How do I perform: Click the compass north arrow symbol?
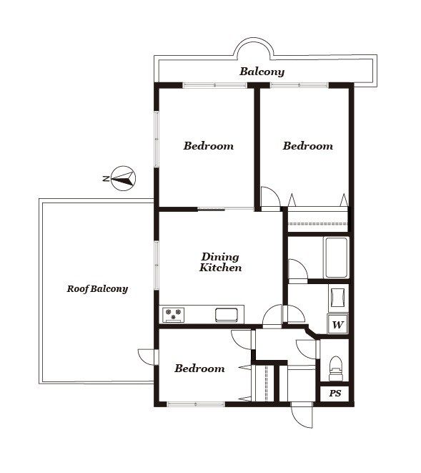click(x=123, y=178)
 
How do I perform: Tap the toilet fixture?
click(x=335, y=369)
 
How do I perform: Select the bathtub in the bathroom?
click(x=337, y=258)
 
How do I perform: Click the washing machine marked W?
click(x=337, y=324)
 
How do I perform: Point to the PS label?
click(x=335, y=394)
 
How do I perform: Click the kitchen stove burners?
click(x=173, y=314)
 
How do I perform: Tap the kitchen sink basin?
click(x=227, y=315)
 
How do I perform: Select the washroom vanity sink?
click(x=337, y=297)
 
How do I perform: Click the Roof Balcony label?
click(x=97, y=289)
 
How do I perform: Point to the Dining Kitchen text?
click(x=220, y=262)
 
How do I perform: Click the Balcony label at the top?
click(x=262, y=72)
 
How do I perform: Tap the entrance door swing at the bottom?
click(x=302, y=415)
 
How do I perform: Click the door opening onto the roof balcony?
click(x=148, y=358)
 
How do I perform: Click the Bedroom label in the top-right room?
click(x=307, y=146)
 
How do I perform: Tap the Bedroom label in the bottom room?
click(x=199, y=369)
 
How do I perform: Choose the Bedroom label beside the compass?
click(x=208, y=146)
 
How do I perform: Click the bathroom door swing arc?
click(x=298, y=270)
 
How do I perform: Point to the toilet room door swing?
click(x=307, y=349)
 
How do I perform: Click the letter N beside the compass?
click(x=106, y=179)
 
